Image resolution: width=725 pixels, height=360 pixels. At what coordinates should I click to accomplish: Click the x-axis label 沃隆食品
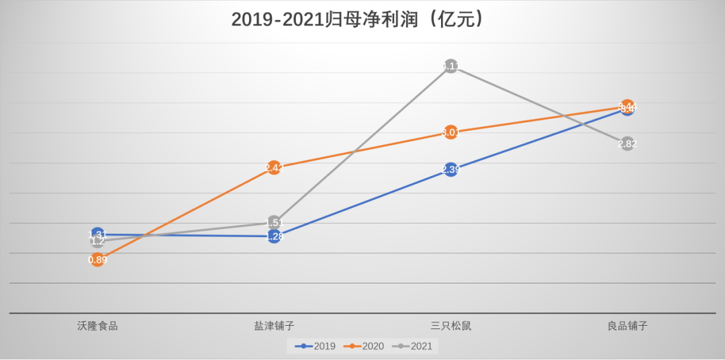[97, 326]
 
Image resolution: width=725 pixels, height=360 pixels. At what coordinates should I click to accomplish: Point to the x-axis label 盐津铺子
[274, 326]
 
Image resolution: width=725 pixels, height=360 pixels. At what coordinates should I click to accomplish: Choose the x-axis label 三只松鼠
[450, 326]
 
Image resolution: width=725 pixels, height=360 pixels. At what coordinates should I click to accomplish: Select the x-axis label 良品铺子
[627, 326]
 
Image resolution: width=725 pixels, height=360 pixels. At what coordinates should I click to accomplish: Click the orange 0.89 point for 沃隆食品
[97, 260]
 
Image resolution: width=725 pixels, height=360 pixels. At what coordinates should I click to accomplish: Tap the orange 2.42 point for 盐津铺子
[274, 168]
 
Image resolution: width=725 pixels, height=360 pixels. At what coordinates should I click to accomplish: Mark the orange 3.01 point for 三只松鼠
[450, 132]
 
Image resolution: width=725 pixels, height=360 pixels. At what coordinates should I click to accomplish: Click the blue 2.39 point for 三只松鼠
[450, 170]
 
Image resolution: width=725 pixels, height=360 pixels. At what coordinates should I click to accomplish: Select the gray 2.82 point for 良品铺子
[627, 144]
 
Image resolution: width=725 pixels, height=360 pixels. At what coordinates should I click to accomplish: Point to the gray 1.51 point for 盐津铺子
[274, 222]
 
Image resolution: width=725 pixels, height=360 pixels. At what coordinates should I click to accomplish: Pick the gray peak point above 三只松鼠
[450, 66]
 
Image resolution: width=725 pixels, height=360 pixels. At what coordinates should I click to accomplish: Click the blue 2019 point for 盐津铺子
[274, 236]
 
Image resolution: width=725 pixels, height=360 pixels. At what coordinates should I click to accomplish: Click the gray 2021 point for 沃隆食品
[97, 241]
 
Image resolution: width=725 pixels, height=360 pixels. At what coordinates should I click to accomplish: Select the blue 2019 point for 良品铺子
[627, 109]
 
